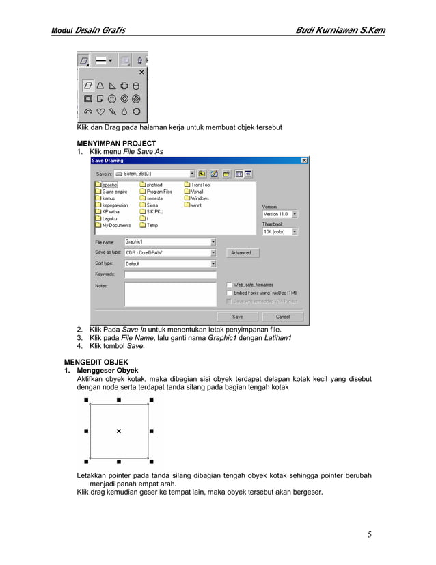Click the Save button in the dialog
[237, 317]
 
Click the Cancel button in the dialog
[282, 317]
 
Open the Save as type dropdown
[213, 252]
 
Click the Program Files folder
[159, 192]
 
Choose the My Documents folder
[115, 225]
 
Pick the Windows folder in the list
[200, 198]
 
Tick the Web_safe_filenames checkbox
[228, 285]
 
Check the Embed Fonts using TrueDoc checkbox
[228, 293]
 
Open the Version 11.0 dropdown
[295, 214]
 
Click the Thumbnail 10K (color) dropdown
[295, 232]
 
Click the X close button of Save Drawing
[303, 160]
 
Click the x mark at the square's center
[119, 431]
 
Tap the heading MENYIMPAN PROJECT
[115, 144]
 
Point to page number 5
[370, 534]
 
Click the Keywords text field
[169, 274]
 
